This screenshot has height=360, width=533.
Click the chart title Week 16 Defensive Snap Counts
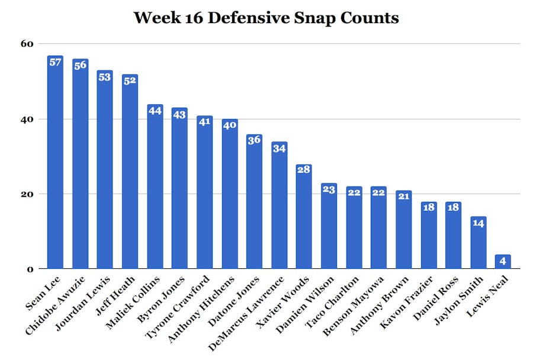click(266, 17)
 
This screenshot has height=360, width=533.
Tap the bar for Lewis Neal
click(503, 262)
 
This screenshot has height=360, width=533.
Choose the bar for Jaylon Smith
click(478, 243)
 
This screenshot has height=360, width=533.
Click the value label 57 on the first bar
click(55, 62)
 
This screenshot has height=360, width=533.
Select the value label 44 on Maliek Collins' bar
click(155, 111)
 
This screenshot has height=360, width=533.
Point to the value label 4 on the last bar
click(503, 261)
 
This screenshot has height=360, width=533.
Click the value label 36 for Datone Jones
click(254, 141)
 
